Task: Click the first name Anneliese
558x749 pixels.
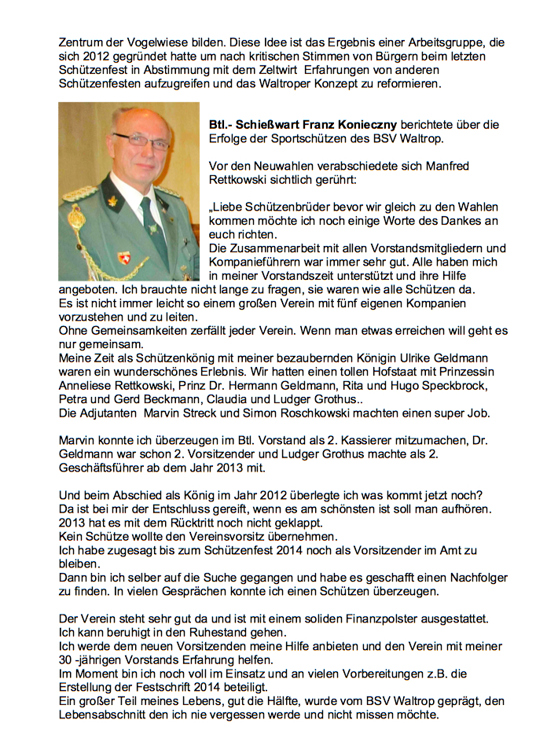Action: [x=86, y=387]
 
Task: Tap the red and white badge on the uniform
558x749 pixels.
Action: [x=124, y=257]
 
